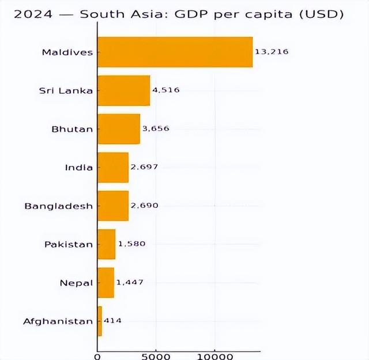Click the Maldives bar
(x=175, y=52)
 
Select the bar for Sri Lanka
(x=123, y=90)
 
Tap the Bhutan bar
(x=118, y=128)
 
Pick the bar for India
(x=113, y=167)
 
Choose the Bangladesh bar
(x=113, y=206)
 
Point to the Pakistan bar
(x=106, y=244)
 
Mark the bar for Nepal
(x=106, y=282)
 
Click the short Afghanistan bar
(x=100, y=321)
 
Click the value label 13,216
(x=271, y=52)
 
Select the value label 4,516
(x=167, y=90)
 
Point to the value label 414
(x=112, y=321)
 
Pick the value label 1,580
(x=131, y=244)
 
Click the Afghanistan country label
(x=58, y=321)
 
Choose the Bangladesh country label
(x=58, y=206)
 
